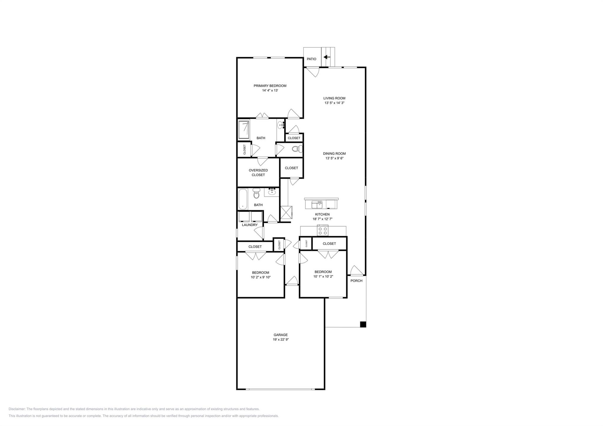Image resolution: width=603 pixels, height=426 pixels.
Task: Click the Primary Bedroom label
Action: tap(270, 86)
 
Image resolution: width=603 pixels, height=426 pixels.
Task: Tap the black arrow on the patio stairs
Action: tap(327, 57)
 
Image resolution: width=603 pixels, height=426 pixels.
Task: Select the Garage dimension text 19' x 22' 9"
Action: tap(281, 339)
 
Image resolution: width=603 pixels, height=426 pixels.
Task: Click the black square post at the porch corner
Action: tap(363, 324)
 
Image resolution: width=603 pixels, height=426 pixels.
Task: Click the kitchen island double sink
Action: tap(317, 204)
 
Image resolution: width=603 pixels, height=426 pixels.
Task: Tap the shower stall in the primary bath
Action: tap(244, 130)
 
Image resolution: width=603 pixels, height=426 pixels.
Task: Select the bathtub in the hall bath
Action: tap(243, 199)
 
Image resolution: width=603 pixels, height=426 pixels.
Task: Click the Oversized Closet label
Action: tap(258, 173)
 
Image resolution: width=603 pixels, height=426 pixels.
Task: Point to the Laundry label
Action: tap(250, 225)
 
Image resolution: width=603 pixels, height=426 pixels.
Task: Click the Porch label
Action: tap(356, 281)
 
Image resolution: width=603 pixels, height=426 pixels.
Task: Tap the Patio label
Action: tap(312, 59)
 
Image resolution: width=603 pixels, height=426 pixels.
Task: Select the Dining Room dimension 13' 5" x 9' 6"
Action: tap(334, 158)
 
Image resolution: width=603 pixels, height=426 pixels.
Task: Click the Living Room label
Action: tap(334, 98)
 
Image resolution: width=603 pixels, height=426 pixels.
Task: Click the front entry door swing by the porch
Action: tap(356, 271)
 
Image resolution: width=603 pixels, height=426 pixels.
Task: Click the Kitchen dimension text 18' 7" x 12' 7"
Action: tap(322, 219)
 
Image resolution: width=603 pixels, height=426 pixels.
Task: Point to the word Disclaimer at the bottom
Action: tap(17, 409)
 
